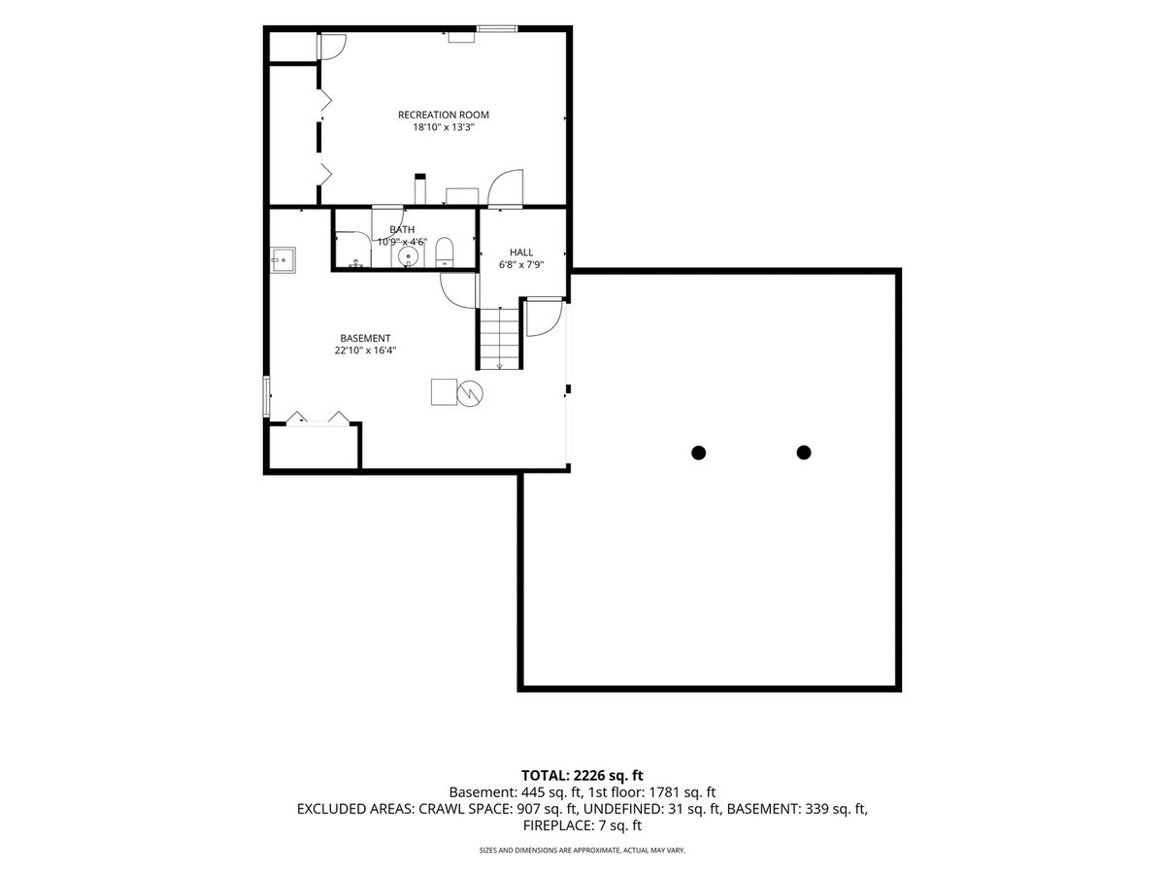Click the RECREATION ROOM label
tap(443, 115)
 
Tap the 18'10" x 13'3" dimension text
tap(443, 127)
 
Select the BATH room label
tap(402, 230)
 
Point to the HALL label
tap(521, 252)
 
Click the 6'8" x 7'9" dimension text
tap(521, 265)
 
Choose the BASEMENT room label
tap(365, 338)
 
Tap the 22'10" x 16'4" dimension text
tap(365, 351)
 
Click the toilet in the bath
tap(445, 252)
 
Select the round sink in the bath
tap(408, 256)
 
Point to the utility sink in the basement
tap(283, 260)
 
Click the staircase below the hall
tap(499, 338)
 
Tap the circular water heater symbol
tap(470, 393)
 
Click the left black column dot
tap(698, 453)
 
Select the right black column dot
tap(804, 453)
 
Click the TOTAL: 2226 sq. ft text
tap(582, 776)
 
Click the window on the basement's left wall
tap(266, 396)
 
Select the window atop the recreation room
tap(497, 28)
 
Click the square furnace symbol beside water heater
tap(444, 392)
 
